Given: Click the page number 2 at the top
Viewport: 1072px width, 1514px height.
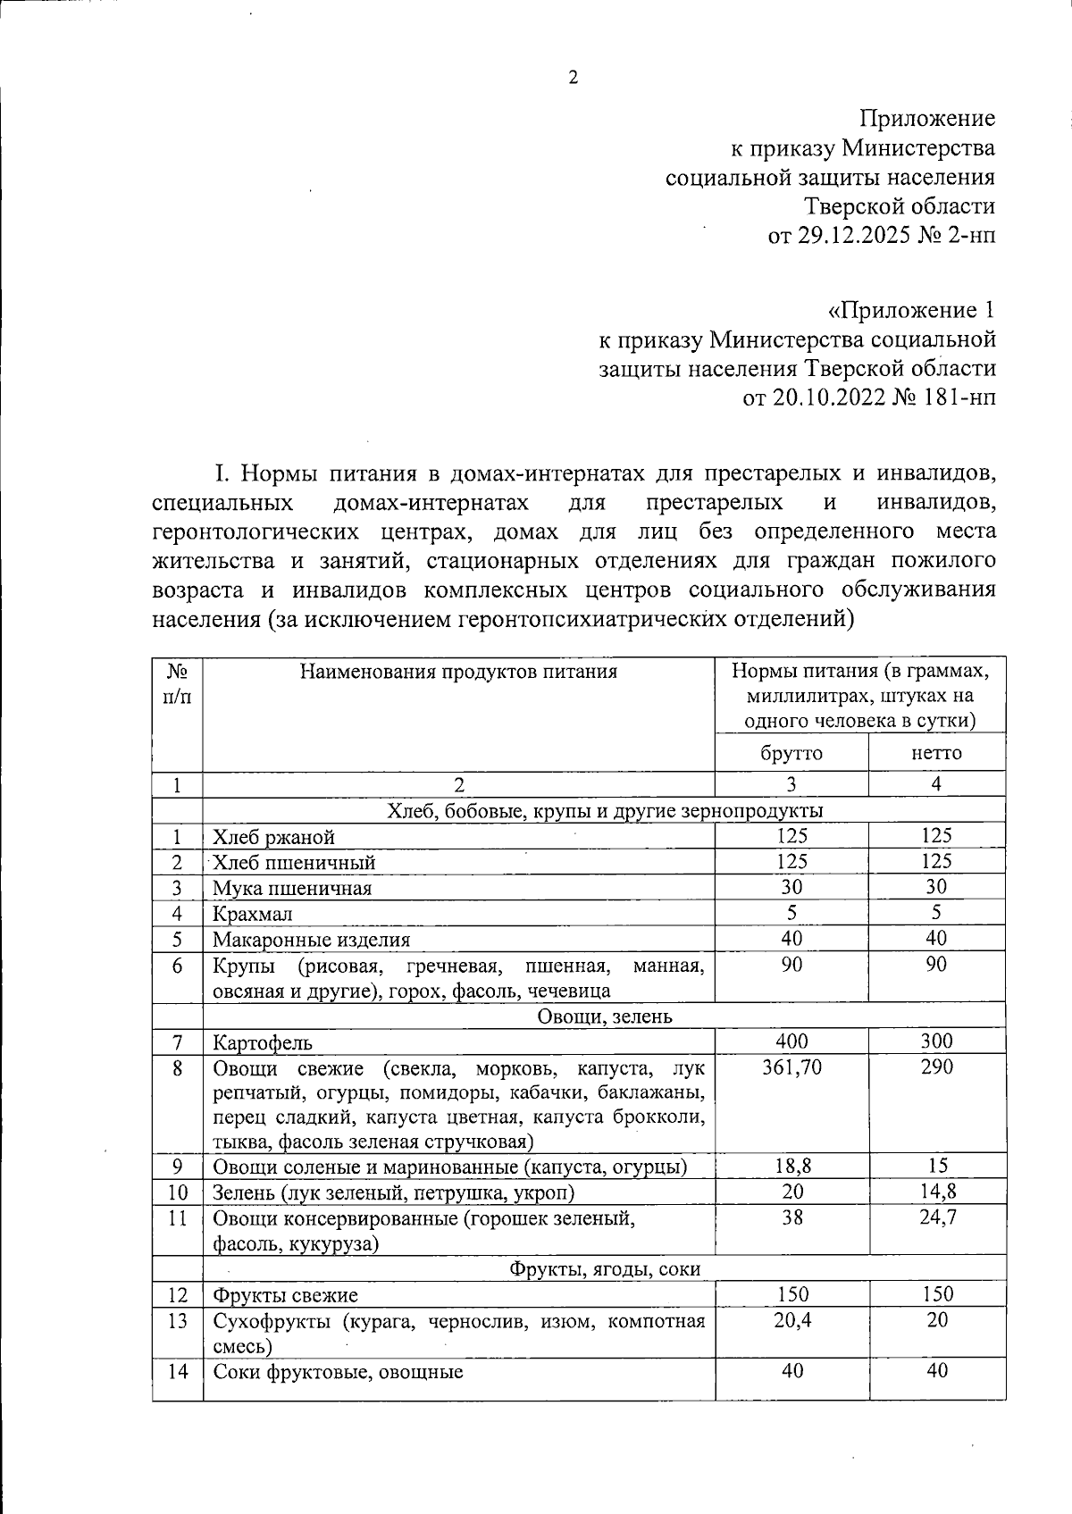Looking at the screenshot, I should pos(573,78).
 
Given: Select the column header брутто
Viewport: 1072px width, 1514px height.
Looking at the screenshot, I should pos(791,753).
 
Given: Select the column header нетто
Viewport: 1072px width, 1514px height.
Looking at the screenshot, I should pos(936,753).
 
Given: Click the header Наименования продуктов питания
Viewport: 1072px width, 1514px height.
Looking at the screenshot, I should pos(458,672).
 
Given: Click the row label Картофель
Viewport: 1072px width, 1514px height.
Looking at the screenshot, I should pos(262,1042).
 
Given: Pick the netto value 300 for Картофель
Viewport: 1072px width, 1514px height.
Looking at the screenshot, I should pos(936,1041).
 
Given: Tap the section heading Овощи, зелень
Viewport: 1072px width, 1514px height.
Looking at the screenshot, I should pos(605,1016).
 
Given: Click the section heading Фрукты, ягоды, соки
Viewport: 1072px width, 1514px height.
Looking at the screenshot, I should pos(605,1268).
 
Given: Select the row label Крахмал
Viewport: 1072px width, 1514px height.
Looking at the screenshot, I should pos(253,914).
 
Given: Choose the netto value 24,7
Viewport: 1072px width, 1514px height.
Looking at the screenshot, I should pos(938,1217).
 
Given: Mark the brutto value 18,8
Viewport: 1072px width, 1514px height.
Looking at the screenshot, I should pos(791,1166).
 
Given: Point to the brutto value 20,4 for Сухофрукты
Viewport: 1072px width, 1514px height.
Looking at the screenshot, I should pos(792,1320).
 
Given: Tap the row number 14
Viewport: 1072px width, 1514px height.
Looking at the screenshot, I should pos(178,1371).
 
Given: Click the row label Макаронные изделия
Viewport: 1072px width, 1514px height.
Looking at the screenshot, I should pos(311,940).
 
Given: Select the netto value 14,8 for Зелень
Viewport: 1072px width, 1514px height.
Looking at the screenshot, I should pos(938,1192).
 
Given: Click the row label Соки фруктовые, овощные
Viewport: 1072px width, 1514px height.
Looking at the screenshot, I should pos(338,1372).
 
